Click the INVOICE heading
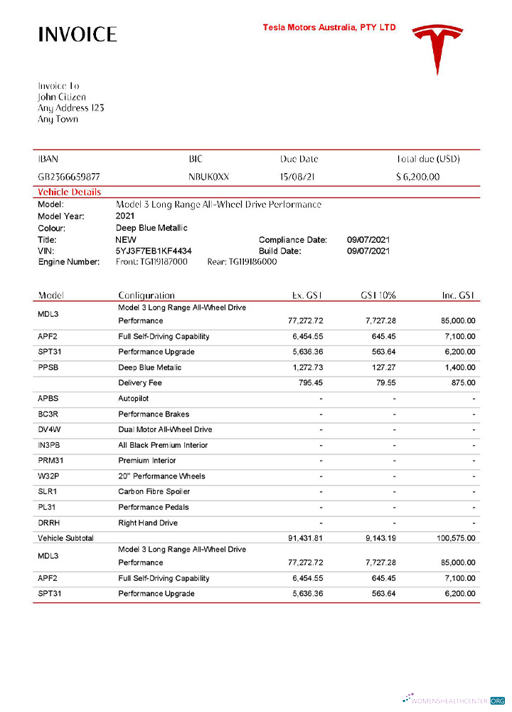pos(77,34)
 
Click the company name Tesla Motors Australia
pos(329,28)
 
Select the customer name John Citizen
pos(62,97)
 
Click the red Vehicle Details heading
pos(69,192)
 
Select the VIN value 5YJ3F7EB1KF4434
pos(153,251)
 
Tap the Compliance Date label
pos(292,240)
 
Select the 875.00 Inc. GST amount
pos(463,383)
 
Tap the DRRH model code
pos(50,523)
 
